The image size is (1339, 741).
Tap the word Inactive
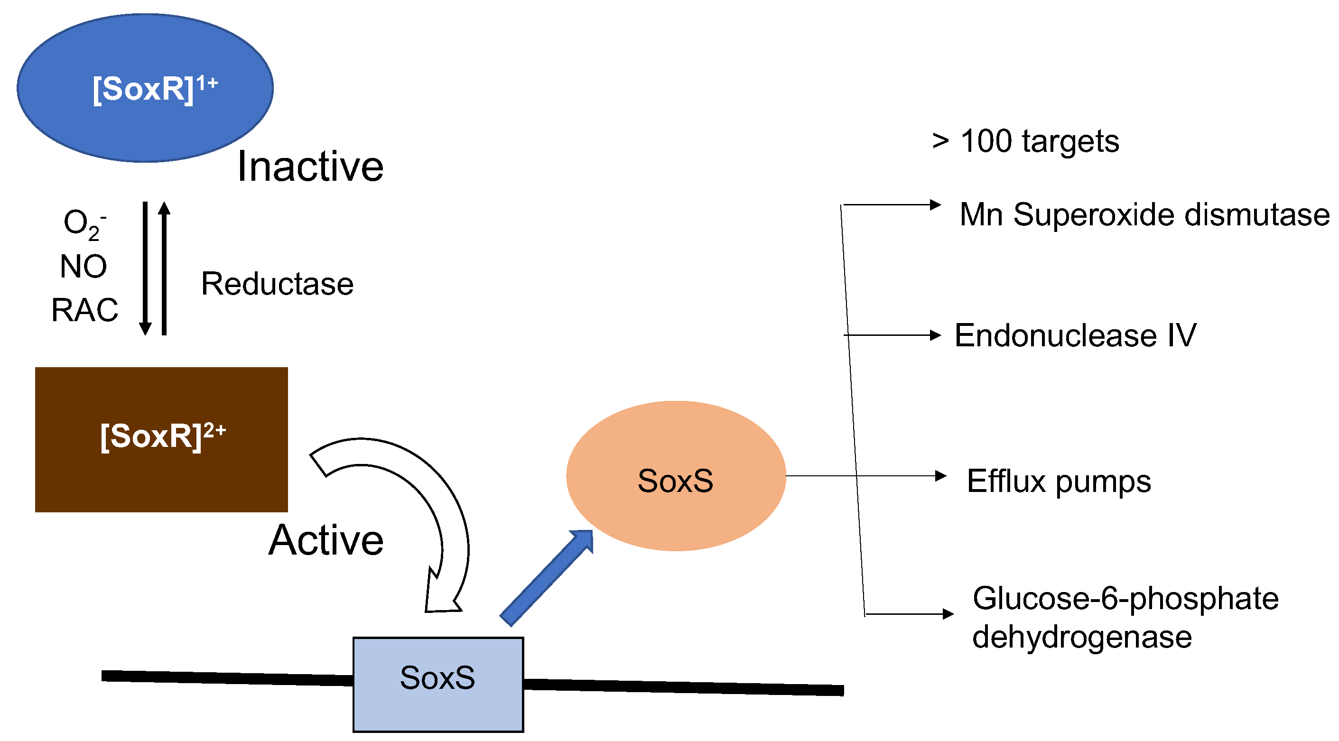coord(310,167)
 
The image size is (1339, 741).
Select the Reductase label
coord(277,284)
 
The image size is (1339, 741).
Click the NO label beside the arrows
coord(83,267)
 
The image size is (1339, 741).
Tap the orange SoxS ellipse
coord(676,476)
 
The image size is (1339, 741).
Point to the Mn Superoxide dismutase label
coord(1144,214)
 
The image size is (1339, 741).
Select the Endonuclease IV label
coord(1075,336)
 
